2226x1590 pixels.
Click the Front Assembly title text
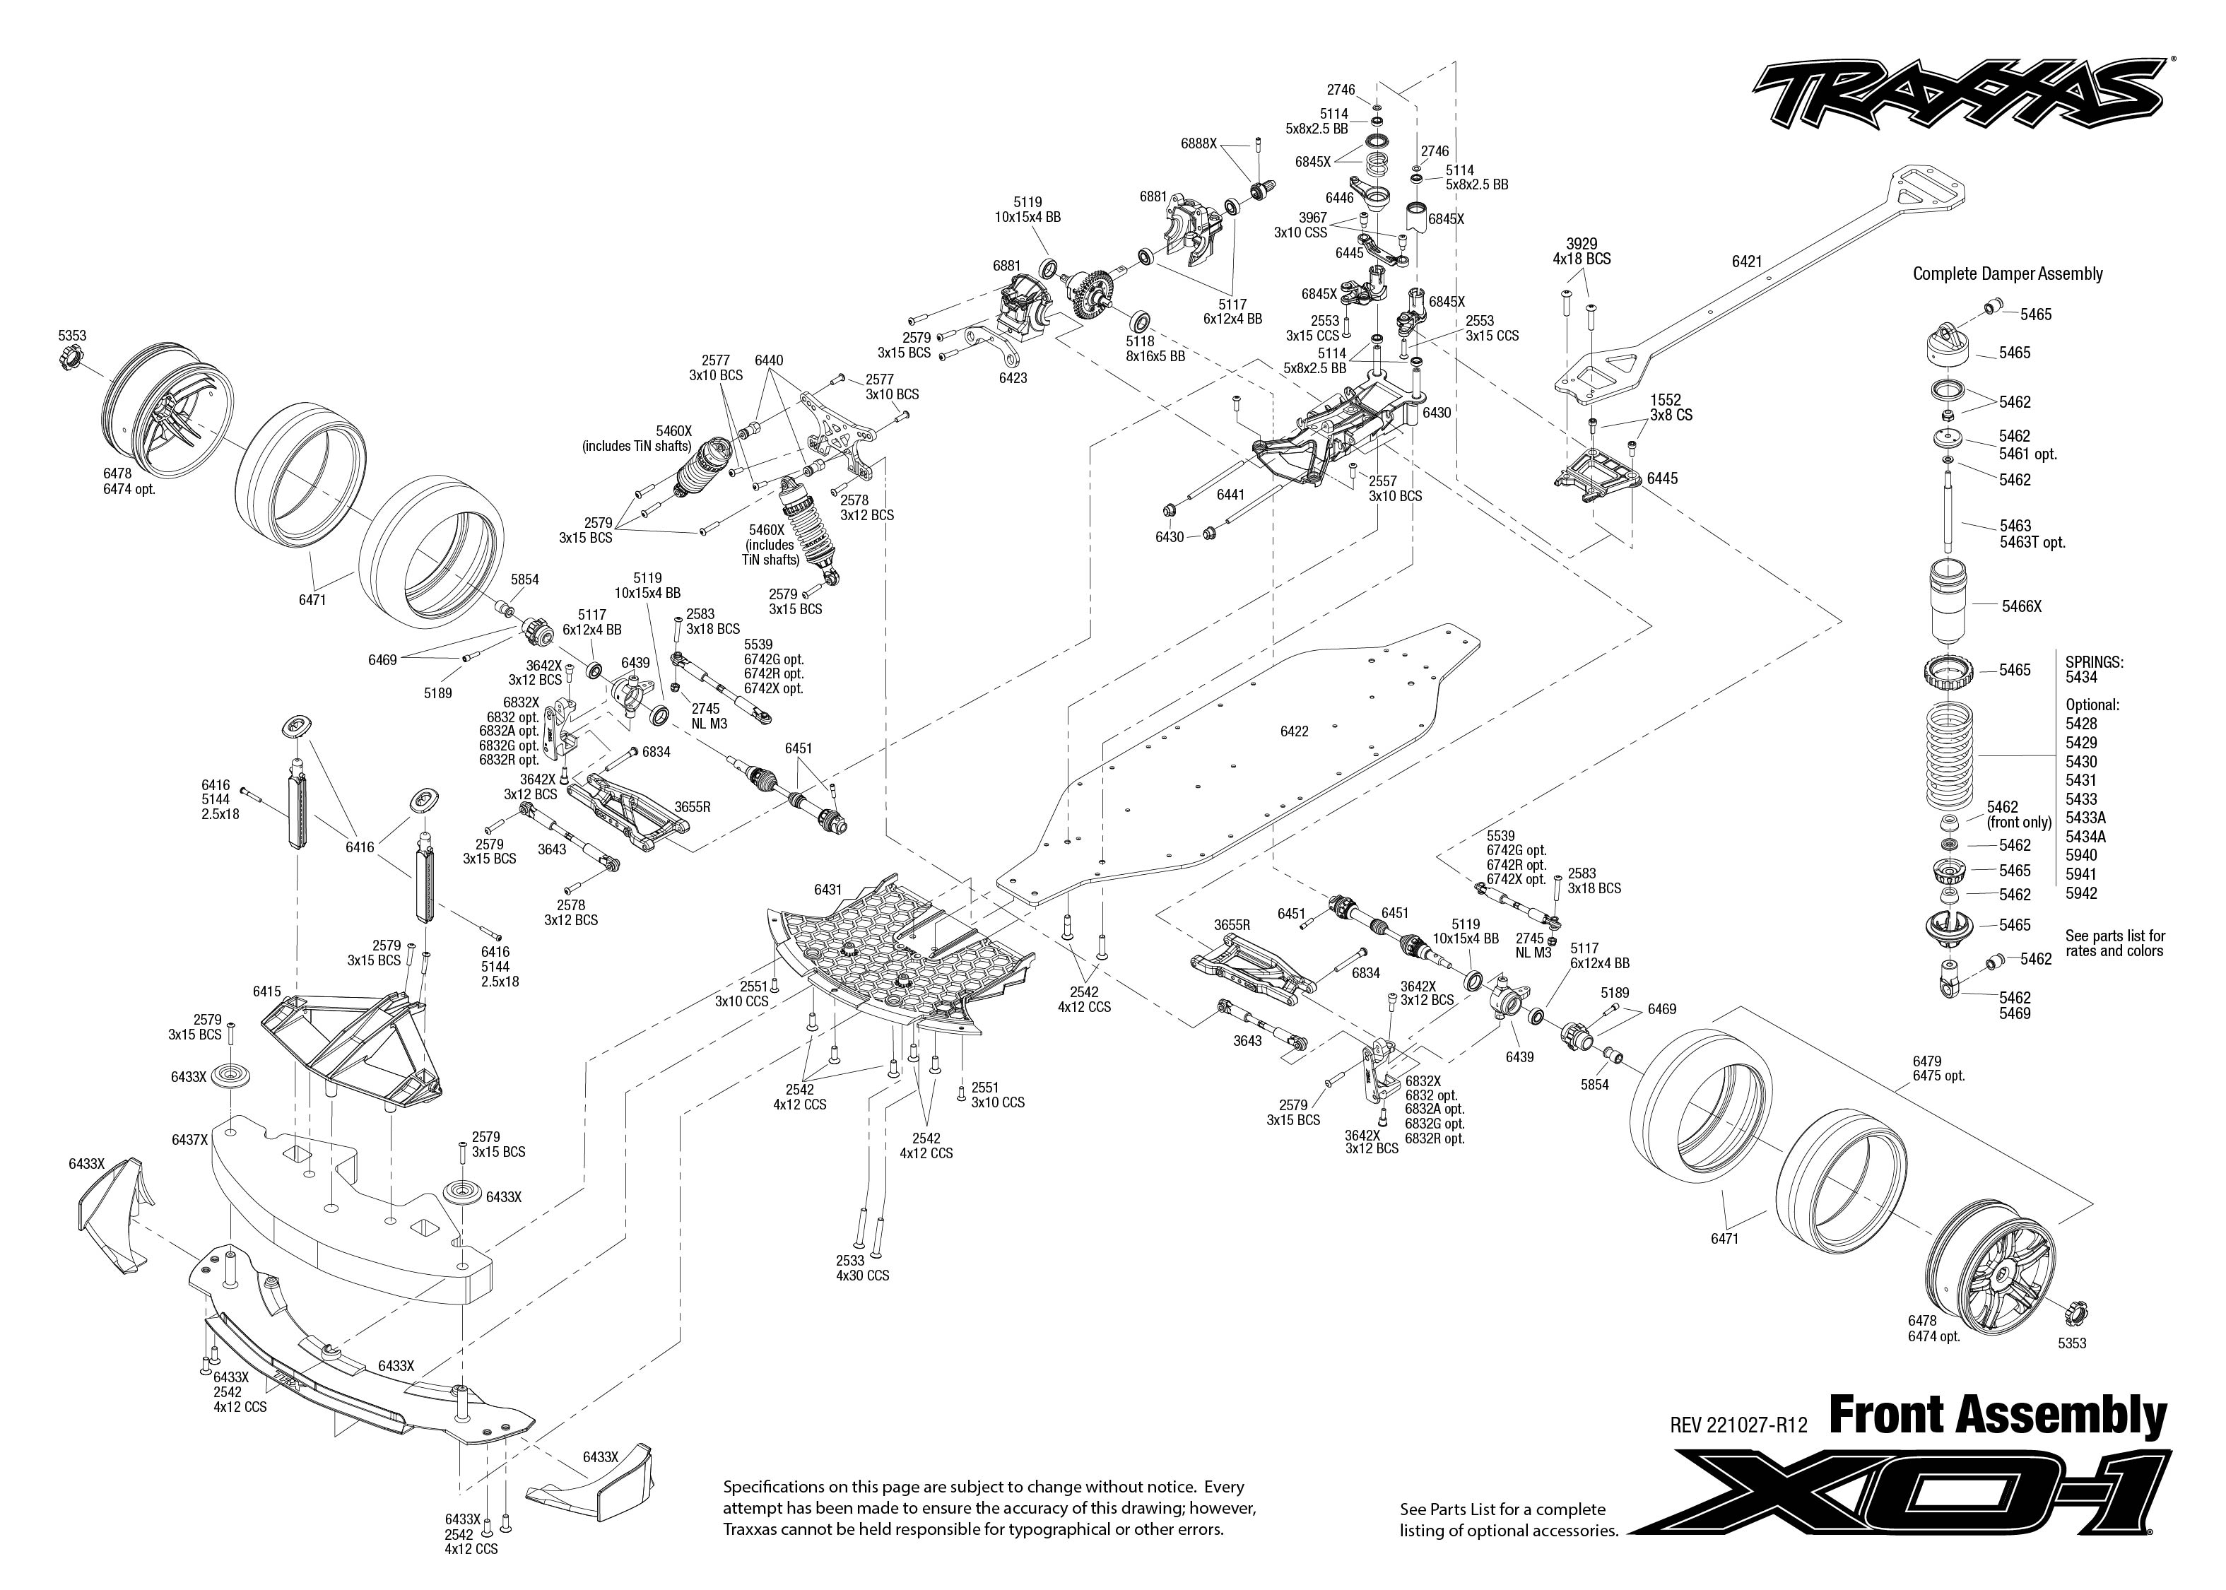click(1997, 1417)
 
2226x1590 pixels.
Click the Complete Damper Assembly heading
click(2008, 274)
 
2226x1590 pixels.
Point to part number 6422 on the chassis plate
click(1294, 731)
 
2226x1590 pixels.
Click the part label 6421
click(1746, 261)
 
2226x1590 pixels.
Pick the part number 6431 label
click(828, 890)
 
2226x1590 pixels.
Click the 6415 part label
click(267, 991)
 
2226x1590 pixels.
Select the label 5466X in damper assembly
click(2021, 607)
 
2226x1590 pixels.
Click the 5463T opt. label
click(2032, 543)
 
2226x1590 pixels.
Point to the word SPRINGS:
click(2094, 663)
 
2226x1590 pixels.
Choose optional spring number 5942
click(2081, 893)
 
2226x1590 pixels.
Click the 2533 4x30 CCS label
click(861, 1268)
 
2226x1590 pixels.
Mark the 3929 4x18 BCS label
click(1581, 252)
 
